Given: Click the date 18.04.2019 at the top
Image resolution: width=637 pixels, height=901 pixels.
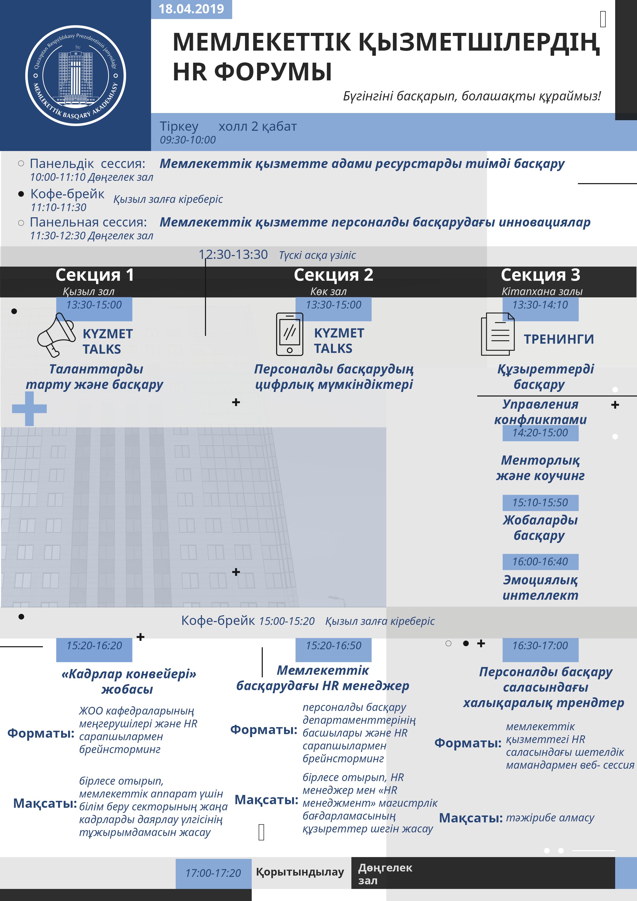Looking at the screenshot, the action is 191,9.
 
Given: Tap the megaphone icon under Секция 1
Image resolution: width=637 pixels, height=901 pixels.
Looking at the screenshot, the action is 56,335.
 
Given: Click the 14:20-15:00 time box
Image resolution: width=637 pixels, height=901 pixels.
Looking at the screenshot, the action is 540,433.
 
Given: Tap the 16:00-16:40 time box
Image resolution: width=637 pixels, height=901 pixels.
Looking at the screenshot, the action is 540,561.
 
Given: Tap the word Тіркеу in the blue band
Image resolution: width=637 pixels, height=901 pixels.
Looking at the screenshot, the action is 179,126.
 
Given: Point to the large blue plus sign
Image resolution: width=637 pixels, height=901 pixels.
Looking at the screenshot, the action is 30,409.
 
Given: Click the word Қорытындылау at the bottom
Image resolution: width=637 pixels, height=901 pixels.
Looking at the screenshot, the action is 300,872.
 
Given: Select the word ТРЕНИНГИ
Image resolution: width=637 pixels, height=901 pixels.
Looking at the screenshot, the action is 559,339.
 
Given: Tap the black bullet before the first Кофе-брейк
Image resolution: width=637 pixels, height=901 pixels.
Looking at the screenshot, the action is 21,194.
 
